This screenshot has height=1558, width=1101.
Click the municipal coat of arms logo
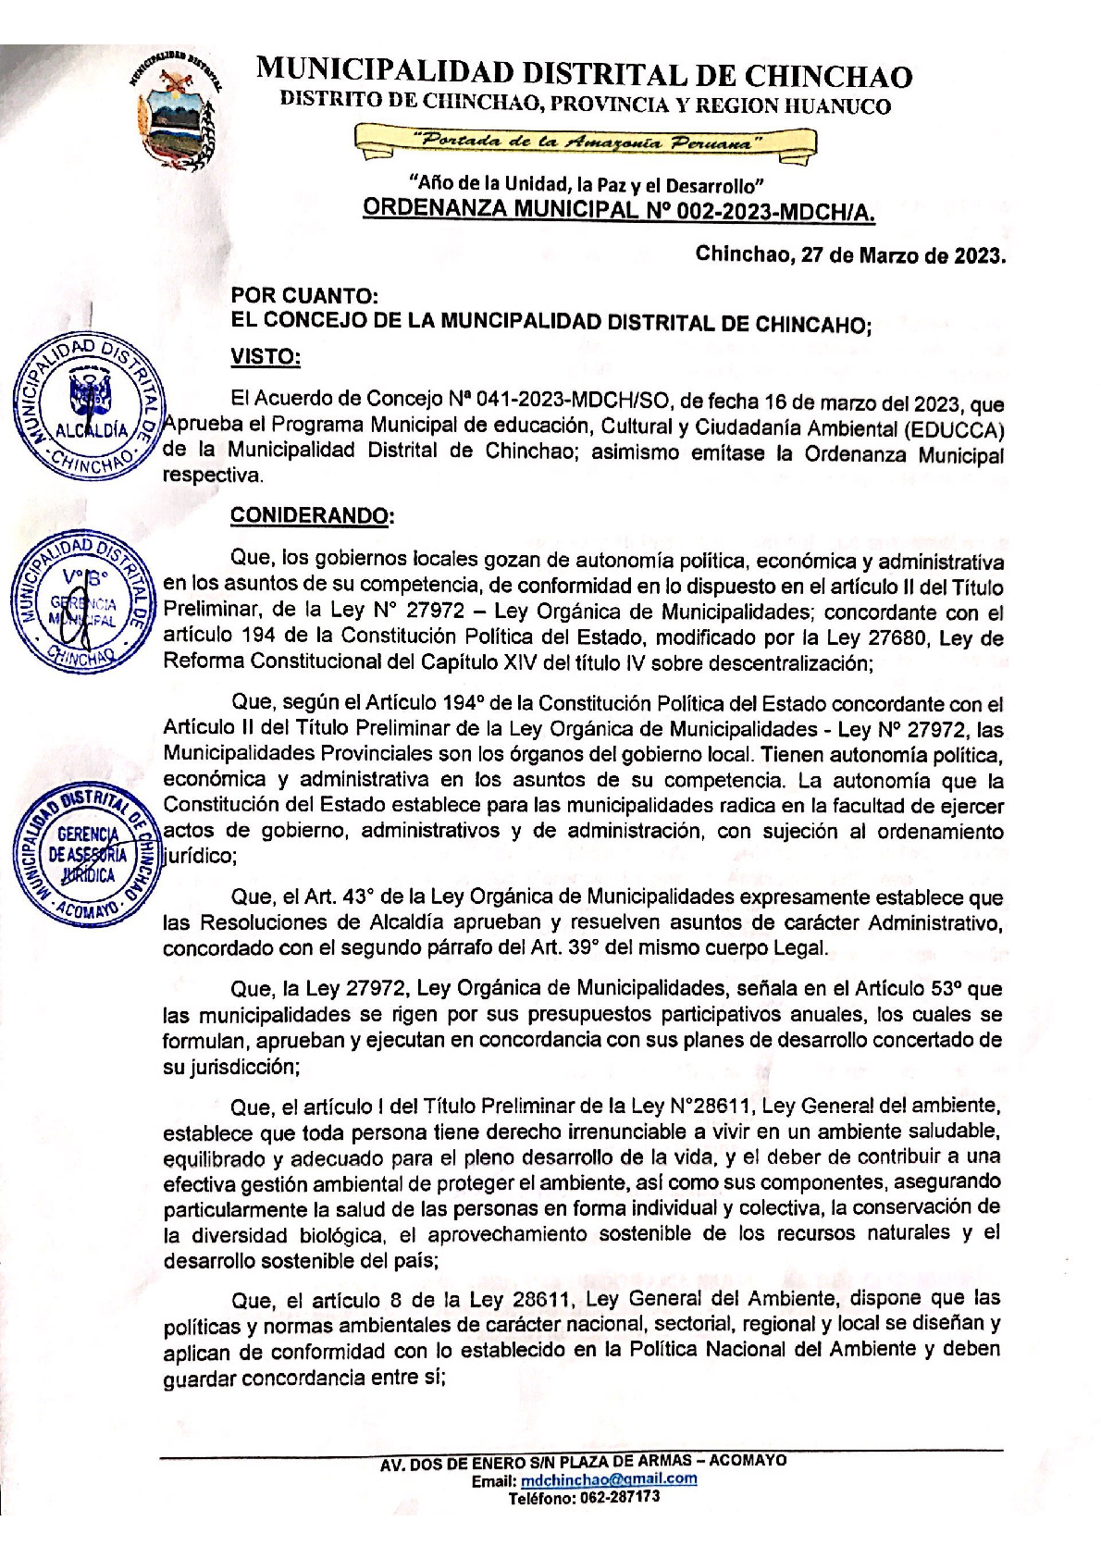pos(176,111)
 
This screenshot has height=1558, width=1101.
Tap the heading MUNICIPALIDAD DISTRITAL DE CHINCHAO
pos(584,75)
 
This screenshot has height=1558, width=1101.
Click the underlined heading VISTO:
pos(265,357)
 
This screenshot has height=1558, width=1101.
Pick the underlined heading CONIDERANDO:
pos(312,515)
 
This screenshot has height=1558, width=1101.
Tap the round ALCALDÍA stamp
pos(85,405)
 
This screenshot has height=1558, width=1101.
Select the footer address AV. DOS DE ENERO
pos(583,1460)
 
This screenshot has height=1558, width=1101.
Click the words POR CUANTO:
pos(304,296)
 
